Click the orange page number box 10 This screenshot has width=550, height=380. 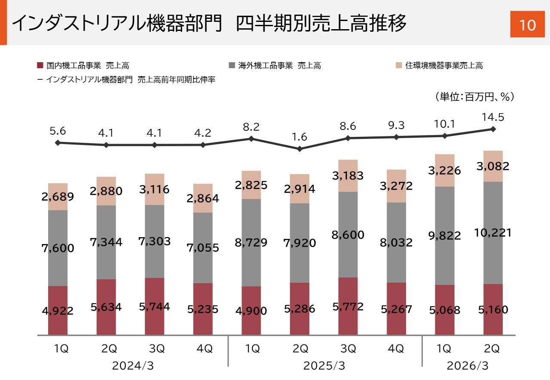[527, 25]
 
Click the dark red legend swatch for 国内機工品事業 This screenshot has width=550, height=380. [40, 66]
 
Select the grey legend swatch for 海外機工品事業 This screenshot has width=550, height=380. [232, 66]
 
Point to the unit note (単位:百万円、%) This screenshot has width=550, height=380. [474, 97]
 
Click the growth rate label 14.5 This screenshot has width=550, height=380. [493, 117]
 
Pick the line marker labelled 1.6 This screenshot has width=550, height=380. [300, 149]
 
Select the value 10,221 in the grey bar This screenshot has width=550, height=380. [493, 233]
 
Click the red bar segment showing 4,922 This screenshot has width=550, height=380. [58, 311]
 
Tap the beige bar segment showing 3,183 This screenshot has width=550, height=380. [348, 176]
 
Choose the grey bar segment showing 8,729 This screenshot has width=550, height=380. [251, 242]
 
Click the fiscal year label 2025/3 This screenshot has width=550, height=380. [324, 366]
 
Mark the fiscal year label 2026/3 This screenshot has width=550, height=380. [467, 366]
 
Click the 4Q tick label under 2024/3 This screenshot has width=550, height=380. [203, 349]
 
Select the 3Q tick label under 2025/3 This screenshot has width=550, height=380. [348, 349]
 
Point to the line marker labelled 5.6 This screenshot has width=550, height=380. [58, 142]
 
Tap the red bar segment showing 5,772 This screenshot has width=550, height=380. [348, 306]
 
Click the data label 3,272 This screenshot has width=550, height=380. [396, 186]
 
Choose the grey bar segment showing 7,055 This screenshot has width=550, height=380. [203, 247]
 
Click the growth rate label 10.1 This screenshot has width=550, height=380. [445, 124]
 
